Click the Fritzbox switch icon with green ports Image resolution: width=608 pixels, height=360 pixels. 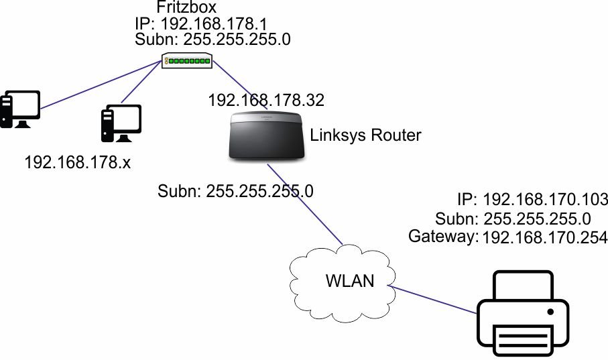pyautogui.click(x=187, y=61)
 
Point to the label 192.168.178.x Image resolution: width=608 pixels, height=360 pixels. pyautogui.click(x=77, y=162)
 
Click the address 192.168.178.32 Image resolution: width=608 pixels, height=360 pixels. pyautogui.click(x=266, y=101)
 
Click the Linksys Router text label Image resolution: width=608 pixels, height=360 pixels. pyautogui.click(x=365, y=135)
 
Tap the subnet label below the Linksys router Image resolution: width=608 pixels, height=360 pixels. pyautogui.click(x=235, y=190)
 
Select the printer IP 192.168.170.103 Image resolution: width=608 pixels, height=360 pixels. pyautogui.click(x=545, y=200)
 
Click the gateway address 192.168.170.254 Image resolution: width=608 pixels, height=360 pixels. pyautogui.click(x=545, y=236)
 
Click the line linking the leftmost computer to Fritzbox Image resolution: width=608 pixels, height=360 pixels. pyautogui.click(x=101, y=86)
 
